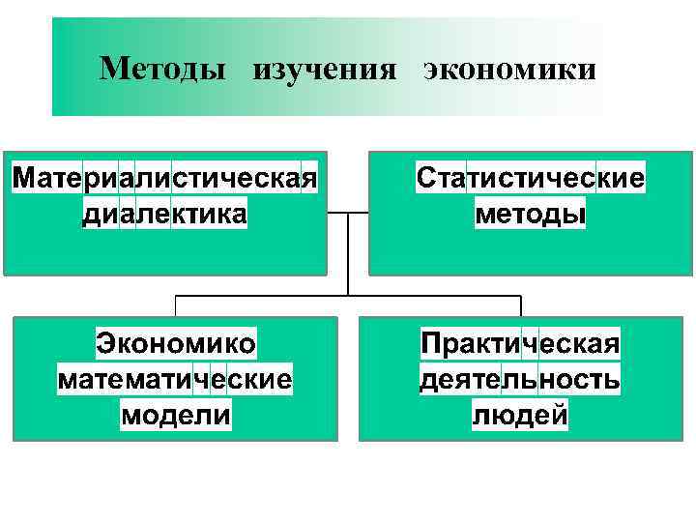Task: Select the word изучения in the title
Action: click(x=326, y=71)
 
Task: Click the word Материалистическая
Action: click(x=165, y=179)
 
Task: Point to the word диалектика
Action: click(x=164, y=213)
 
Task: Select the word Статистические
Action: click(x=531, y=179)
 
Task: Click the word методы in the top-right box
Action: click(x=531, y=213)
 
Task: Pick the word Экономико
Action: click(x=175, y=344)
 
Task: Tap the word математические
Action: click(x=175, y=379)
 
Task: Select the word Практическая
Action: click(x=520, y=344)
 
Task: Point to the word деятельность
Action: click(x=520, y=379)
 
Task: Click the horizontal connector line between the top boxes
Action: click(x=335, y=213)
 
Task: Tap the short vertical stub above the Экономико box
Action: click(x=175, y=306)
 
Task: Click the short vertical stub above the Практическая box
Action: click(x=521, y=306)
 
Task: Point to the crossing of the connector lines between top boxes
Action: click(x=347, y=213)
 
